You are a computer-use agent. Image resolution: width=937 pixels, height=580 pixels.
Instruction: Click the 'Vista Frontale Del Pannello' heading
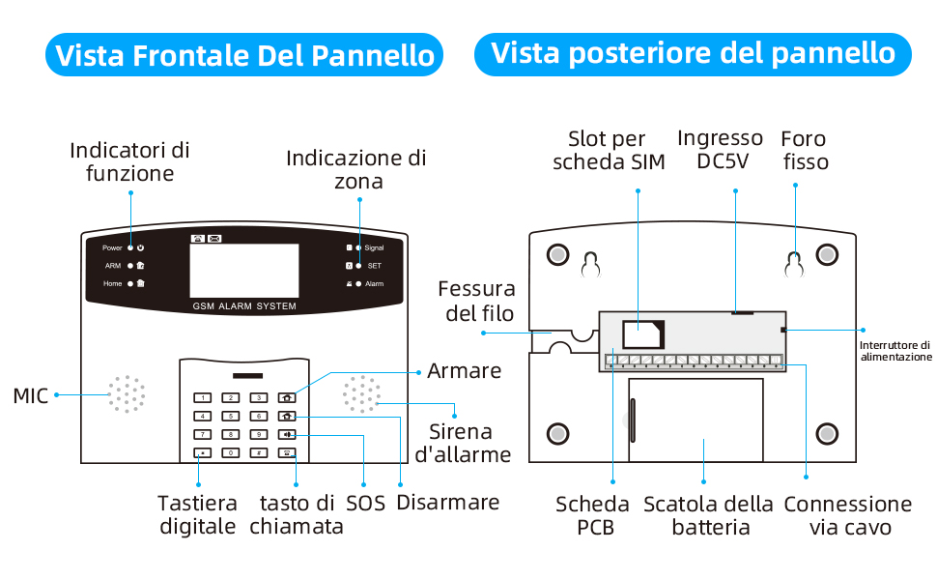coord(245,55)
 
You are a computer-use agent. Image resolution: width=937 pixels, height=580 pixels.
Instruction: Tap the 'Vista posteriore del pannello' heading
coord(693,52)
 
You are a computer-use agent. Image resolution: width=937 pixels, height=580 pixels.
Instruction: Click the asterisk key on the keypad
coord(203,452)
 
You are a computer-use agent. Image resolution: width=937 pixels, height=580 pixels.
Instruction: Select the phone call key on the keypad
coord(288,452)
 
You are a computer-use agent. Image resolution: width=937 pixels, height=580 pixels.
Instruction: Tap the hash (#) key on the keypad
coord(259,452)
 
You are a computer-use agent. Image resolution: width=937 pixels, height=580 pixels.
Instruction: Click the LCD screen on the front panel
coord(244,271)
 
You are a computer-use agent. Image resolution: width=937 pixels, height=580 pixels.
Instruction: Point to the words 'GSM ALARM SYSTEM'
coord(244,306)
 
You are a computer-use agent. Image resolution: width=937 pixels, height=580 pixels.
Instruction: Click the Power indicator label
coord(112,248)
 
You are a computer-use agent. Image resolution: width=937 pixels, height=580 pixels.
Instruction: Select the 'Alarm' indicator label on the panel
coord(374,284)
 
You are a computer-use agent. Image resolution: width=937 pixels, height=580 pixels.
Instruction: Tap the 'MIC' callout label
coord(30,395)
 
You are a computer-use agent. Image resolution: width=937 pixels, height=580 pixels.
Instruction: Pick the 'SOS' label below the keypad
coord(365,503)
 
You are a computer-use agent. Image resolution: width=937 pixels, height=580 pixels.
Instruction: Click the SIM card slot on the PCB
coord(641,334)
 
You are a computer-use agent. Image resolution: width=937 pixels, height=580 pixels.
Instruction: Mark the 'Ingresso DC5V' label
coord(720,150)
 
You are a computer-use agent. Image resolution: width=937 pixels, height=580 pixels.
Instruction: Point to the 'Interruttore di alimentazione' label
coord(895,350)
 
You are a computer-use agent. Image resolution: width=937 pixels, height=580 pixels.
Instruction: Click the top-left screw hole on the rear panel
coord(558,254)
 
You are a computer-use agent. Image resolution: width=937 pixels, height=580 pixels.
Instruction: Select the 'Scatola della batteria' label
coord(708,515)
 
